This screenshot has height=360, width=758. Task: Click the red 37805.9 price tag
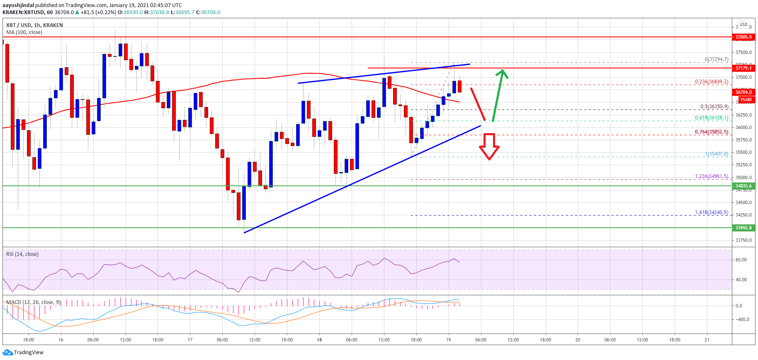[x=743, y=37]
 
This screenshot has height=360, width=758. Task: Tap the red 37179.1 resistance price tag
[x=743, y=68]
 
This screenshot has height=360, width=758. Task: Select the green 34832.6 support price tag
[x=743, y=186]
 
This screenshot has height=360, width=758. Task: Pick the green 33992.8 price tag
[x=743, y=228]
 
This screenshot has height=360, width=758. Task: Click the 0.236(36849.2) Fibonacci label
[x=711, y=82]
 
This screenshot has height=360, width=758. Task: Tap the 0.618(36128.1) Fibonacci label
[x=711, y=118]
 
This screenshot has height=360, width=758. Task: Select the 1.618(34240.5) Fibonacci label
[x=711, y=212]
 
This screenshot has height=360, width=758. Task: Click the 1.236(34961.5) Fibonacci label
[x=711, y=176]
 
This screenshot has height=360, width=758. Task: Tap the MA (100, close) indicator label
[x=24, y=32]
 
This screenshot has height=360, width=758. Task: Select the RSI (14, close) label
[x=22, y=254]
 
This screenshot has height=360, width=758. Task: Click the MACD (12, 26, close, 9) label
[x=33, y=302]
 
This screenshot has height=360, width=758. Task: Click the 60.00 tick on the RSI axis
[x=741, y=260]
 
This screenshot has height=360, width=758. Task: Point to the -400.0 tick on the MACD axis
[x=742, y=320]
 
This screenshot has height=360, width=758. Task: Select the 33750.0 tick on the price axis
[x=743, y=241]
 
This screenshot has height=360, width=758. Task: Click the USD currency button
[x=743, y=24]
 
